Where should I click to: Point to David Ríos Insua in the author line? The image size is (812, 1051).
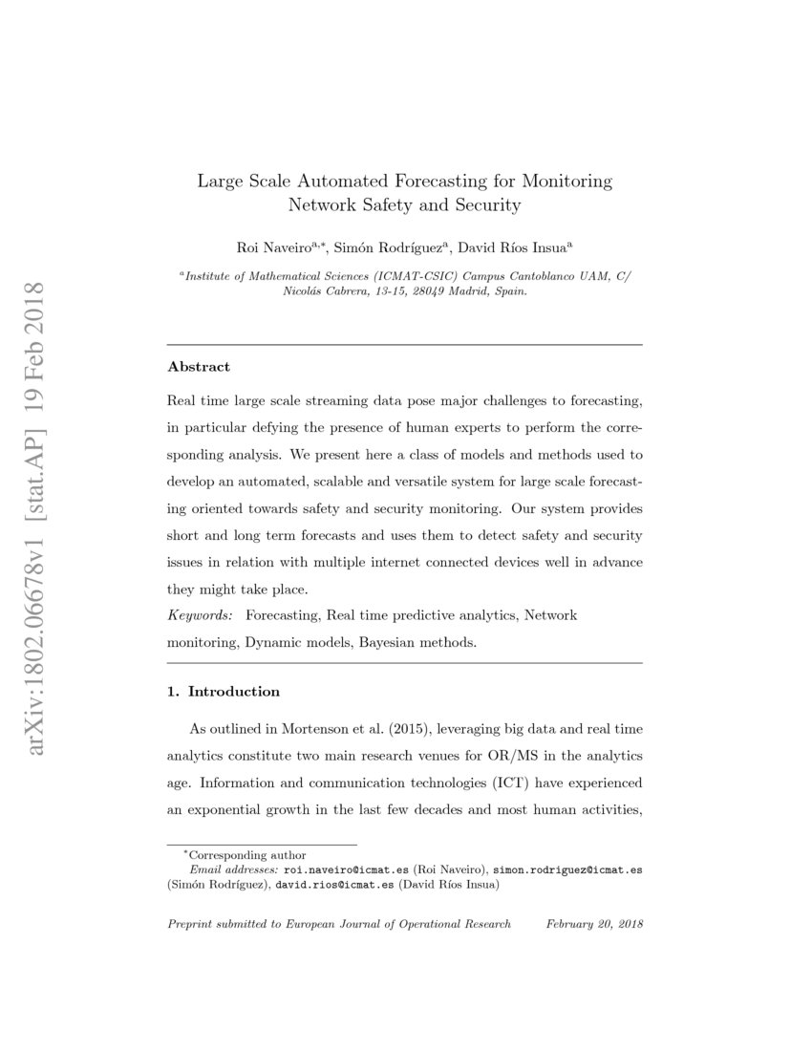pyautogui.click(x=510, y=247)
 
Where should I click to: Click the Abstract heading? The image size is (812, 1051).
pyautogui.click(x=199, y=367)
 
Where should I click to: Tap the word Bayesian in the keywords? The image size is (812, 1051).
pyautogui.click(x=388, y=643)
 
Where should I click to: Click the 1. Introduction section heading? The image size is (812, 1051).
pyautogui.click(x=224, y=691)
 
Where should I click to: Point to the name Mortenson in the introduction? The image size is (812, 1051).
pyautogui.click(x=321, y=729)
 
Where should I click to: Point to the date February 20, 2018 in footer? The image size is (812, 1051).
pyautogui.click(x=594, y=925)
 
